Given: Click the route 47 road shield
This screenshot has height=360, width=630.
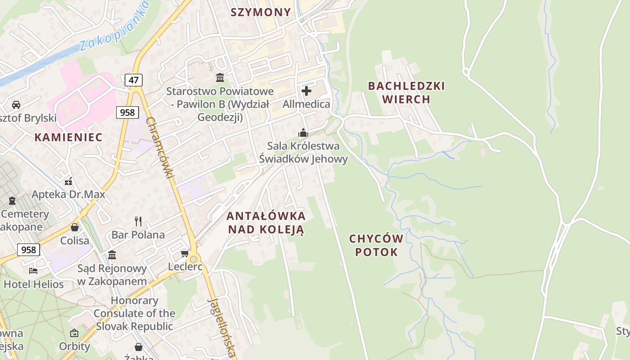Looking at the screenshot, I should (134, 80).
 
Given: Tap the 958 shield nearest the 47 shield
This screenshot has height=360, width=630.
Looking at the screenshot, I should (127, 112).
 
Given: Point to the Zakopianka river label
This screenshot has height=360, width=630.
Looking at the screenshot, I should (114, 28).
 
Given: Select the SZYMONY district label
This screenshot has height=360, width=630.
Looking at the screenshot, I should (261, 12).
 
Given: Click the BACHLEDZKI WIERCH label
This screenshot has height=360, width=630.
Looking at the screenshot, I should (406, 92).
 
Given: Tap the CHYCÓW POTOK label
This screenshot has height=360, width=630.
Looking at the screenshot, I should (376, 245).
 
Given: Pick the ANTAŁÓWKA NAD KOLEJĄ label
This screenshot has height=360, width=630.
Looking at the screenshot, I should (266, 222).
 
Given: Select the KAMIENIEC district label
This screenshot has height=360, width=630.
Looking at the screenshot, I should (69, 137).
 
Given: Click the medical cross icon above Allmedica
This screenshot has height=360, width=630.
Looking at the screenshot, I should (306, 91).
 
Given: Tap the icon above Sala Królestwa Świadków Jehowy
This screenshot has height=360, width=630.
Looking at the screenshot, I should (303, 133).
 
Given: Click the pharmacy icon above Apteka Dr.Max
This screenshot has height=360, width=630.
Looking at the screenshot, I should (68, 181).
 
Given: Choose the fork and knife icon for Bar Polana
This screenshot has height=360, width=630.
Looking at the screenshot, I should (138, 221).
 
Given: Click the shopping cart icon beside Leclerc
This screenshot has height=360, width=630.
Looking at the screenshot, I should (184, 254).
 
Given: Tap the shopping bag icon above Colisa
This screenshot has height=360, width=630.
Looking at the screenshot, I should (75, 227).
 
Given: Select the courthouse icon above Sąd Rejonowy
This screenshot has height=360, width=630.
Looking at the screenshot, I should (112, 255).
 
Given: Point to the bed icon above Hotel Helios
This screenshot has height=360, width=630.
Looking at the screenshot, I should (33, 270).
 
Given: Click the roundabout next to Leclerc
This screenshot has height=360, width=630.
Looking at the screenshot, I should (193, 259).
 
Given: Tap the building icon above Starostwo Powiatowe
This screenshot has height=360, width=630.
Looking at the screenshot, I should (220, 78).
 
